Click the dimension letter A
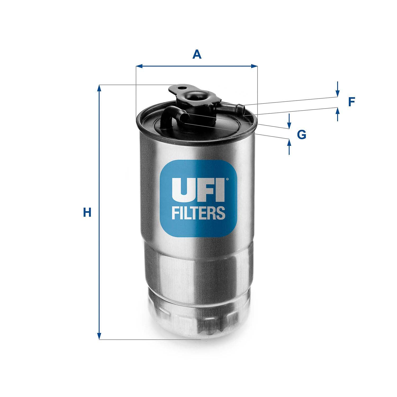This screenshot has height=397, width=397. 197,55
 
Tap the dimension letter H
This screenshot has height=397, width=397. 87,213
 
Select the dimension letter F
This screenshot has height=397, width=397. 351,102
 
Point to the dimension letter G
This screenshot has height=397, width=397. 301,135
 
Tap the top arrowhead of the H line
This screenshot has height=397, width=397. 99,88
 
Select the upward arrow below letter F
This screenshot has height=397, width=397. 337,111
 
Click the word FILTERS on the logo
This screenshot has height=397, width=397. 198,213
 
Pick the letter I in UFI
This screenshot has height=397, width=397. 220,190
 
